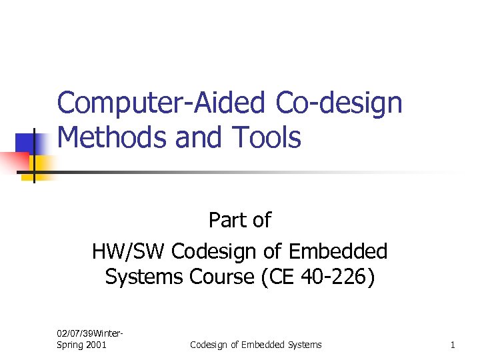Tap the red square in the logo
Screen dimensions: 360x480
pos(15,161)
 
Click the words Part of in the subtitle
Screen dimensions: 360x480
pos(240,219)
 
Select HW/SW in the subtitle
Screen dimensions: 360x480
pos(129,251)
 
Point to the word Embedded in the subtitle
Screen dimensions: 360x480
pos(338,251)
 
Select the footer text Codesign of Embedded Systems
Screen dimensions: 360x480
pos(255,345)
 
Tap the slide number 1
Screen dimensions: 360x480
pos(453,345)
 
